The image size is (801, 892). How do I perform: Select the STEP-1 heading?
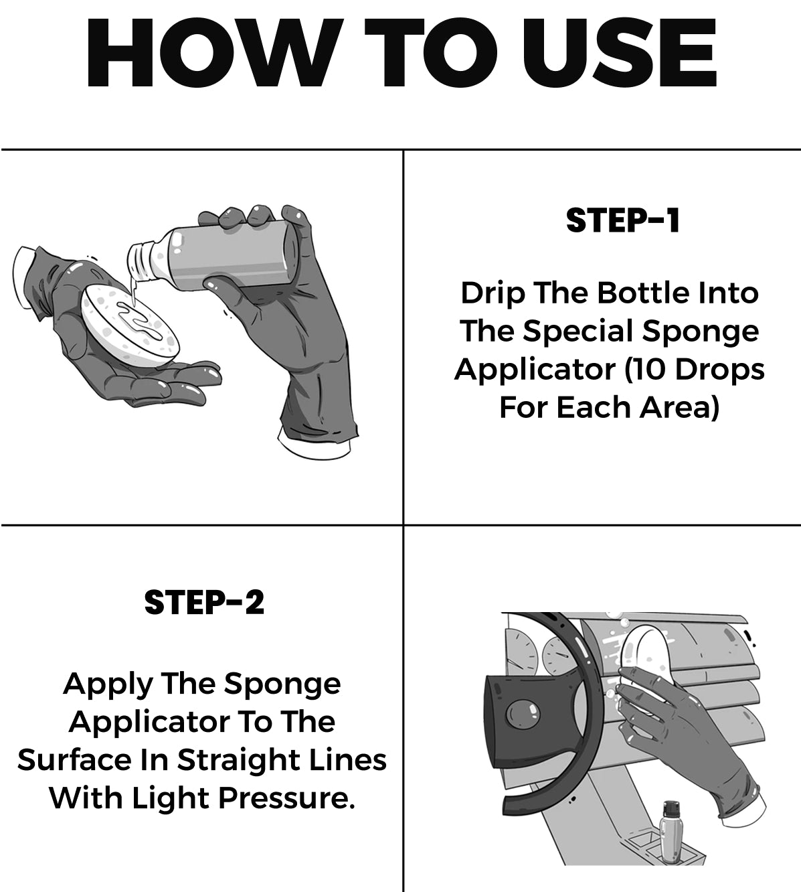coord(622,220)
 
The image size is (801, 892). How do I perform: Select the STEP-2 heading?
coord(204,603)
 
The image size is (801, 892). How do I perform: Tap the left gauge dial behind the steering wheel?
coord(519,652)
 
